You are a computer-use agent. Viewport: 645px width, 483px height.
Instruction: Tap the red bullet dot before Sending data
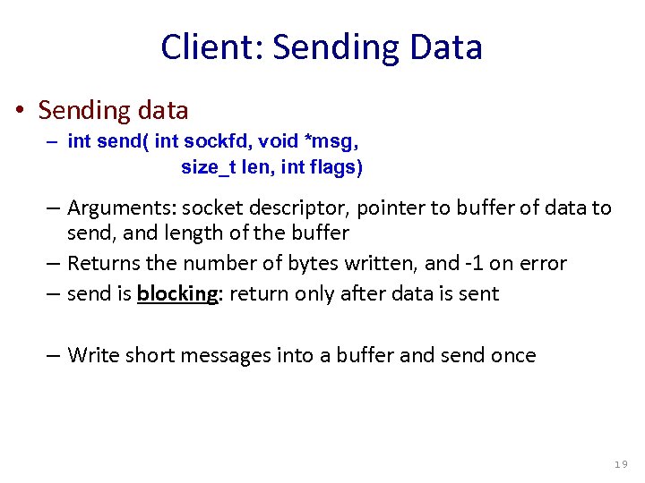pyautogui.click(x=20, y=111)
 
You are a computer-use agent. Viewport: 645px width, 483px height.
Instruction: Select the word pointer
pyautogui.click(x=391, y=208)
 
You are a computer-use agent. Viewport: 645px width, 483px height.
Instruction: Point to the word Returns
pyautogui.click(x=102, y=263)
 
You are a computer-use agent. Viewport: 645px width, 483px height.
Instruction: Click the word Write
pyautogui.click(x=93, y=355)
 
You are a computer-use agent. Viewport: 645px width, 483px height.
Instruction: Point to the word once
pyautogui.click(x=513, y=355)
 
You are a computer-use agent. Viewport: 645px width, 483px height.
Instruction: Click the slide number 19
pyautogui.click(x=621, y=464)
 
